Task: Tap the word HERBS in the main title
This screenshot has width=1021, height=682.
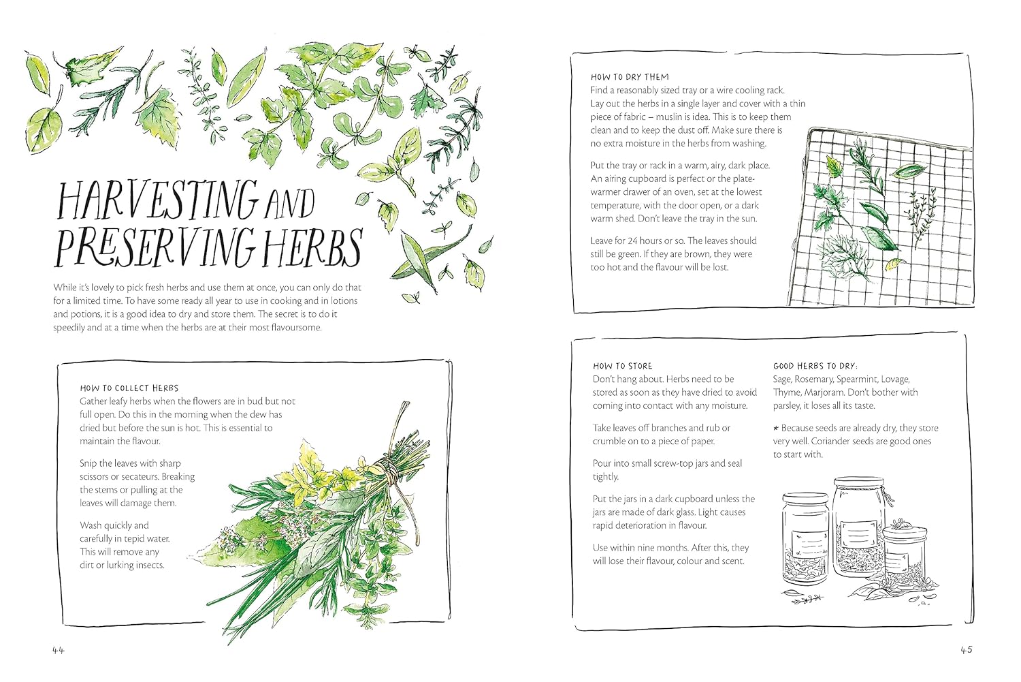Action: (x=314, y=248)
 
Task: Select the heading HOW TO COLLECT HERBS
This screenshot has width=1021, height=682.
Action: (x=129, y=388)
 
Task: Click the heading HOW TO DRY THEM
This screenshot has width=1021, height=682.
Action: (x=630, y=77)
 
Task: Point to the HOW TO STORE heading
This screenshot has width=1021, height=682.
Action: (x=623, y=366)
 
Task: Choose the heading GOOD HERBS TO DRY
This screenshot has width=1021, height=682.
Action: (x=815, y=366)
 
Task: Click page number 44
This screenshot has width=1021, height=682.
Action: (x=59, y=650)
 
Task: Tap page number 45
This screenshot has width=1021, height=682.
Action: (x=967, y=649)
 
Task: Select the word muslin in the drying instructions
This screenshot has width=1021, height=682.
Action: (x=669, y=117)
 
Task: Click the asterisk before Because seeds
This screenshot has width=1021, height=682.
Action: (x=776, y=429)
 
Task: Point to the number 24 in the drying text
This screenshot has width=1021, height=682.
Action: (x=632, y=241)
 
